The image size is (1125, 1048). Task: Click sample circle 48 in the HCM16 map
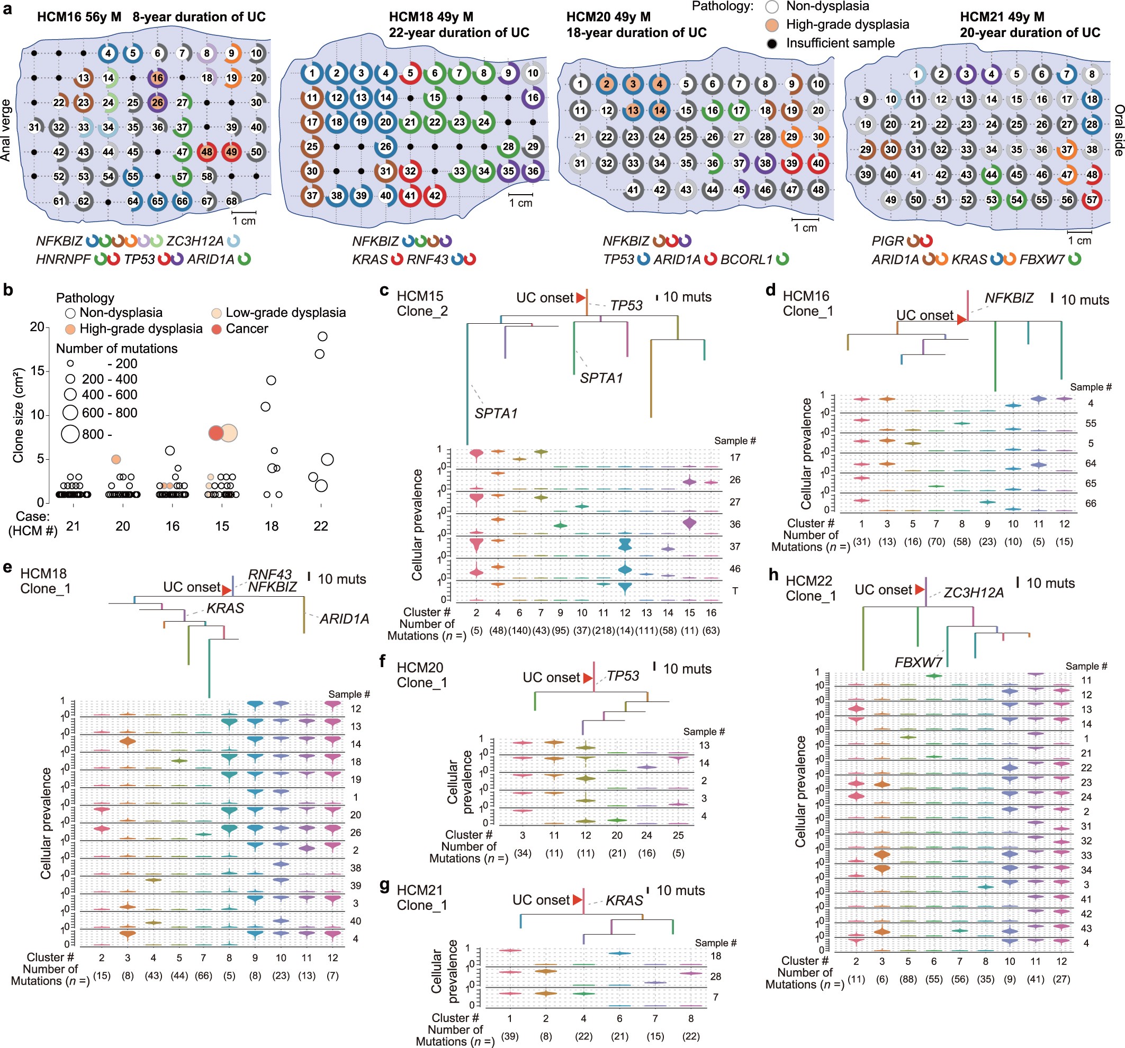click(206, 152)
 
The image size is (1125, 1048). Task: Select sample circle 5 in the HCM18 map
click(410, 73)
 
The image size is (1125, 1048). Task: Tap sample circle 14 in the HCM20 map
click(659, 110)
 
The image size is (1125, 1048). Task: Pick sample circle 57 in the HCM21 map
click(1092, 199)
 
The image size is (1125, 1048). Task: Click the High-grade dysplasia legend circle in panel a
click(772, 24)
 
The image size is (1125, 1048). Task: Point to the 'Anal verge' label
click(6, 130)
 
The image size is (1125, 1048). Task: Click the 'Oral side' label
click(1118, 130)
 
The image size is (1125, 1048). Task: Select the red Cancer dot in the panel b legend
click(216, 329)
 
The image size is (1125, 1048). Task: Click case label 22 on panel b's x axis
click(321, 526)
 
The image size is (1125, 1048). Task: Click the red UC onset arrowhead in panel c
click(581, 297)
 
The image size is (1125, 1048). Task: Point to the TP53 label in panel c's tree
click(626, 305)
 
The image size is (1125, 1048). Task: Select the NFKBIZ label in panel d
click(1009, 298)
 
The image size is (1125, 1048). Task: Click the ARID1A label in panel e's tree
click(344, 619)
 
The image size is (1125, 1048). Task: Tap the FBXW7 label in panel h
click(918, 662)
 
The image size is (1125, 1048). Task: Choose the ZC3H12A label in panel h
click(974, 593)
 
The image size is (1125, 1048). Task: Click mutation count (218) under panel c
click(603, 631)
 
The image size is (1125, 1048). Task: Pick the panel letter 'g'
click(385, 885)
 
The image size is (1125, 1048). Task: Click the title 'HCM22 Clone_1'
click(811, 588)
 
